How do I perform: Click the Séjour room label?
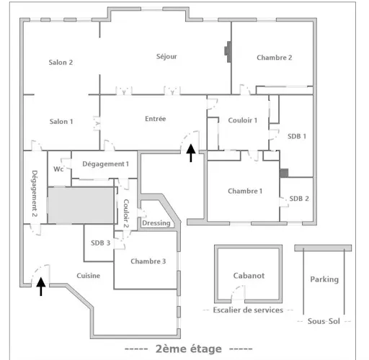[x=166, y=57]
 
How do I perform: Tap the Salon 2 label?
[x=61, y=63]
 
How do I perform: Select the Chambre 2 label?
[x=275, y=58]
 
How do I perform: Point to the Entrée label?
[x=156, y=119]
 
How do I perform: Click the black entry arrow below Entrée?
[x=191, y=153]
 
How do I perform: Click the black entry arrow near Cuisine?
[x=41, y=287]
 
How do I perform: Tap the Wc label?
[x=58, y=169]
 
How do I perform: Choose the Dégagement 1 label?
[x=105, y=164]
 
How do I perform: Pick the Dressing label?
[x=156, y=223]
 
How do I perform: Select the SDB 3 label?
[x=100, y=243]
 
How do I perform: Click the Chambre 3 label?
[x=148, y=261]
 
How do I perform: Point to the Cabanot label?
[x=249, y=276]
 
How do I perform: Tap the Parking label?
[x=324, y=279]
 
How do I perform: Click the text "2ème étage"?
[x=189, y=348]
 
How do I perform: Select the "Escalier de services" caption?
[x=248, y=310]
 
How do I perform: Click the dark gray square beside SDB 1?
[x=284, y=173]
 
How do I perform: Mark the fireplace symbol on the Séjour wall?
[x=228, y=52]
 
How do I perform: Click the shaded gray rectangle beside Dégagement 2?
[x=81, y=206]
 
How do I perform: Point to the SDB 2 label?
[x=299, y=199]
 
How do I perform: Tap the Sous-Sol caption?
[x=324, y=321]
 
